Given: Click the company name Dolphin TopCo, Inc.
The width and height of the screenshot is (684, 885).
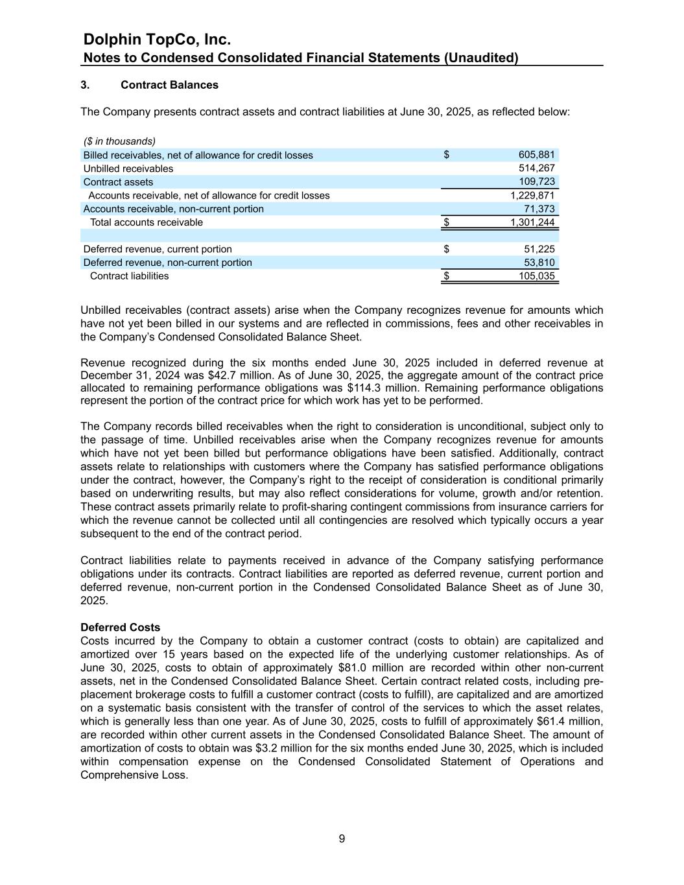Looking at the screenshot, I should (x=158, y=40).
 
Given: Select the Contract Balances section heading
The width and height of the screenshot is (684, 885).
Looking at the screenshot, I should (x=169, y=85).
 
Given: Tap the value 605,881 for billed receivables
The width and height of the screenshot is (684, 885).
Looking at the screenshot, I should (x=536, y=155).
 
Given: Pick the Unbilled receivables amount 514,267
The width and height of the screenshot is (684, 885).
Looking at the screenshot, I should (x=536, y=169).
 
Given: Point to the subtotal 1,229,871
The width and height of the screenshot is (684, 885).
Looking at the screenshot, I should (x=532, y=195).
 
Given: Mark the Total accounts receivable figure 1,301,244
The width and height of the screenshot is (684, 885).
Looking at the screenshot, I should (x=532, y=222).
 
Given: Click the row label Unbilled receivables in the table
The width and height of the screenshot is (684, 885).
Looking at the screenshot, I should (x=128, y=169).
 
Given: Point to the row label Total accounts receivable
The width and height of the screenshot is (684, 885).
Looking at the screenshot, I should (x=146, y=222).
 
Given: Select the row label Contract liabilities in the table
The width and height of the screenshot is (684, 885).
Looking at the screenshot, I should (x=129, y=276).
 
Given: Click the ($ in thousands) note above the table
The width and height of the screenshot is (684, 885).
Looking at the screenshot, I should (x=119, y=141).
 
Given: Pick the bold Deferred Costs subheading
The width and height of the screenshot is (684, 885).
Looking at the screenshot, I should (x=120, y=628).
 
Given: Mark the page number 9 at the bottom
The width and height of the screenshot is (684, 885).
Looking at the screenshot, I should (x=342, y=839).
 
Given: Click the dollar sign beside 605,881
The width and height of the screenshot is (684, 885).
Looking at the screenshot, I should (x=447, y=155).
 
